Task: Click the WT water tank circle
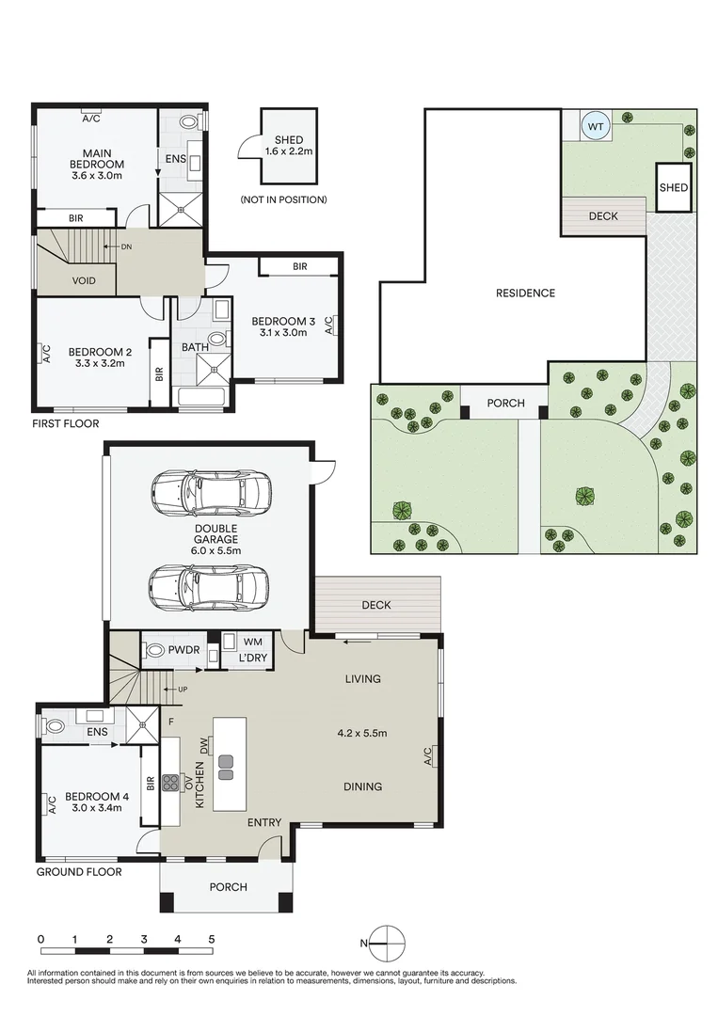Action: pyautogui.click(x=596, y=126)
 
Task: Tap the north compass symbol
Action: pyautogui.click(x=386, y=943)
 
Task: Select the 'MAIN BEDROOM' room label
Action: pyautogui.click(x=97, y=159)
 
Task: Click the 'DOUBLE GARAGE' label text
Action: pyautogui.click(x=216, y=534)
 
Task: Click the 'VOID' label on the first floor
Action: pyautogui.click(x=84, y=280)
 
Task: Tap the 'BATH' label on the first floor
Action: pyautogui.click(x=195, y=347)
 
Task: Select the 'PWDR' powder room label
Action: pyautogui.click(x=184, y=650)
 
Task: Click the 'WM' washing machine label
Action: pyautogui.click(x=253, y=642)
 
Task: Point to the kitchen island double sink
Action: pyautogui.click(x=226, y=768)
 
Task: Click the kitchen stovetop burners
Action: pyautogui.click(x=170, y=783)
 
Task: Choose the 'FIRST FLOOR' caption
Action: pyautogui.click(x=66, y=423)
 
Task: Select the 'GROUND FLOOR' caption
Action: pyautogui.click(x=79, y=872)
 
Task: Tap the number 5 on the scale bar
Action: pyautogui.click(x=211, y=939)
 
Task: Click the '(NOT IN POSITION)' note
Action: pyautogui.click(x=284, y=199)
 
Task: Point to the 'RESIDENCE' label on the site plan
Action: pyautogui.click(x=525, y=293)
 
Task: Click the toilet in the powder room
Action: pyautogui.click(x=155, y=650)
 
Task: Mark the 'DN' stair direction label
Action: pyautogui.click(x=126, y=246)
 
